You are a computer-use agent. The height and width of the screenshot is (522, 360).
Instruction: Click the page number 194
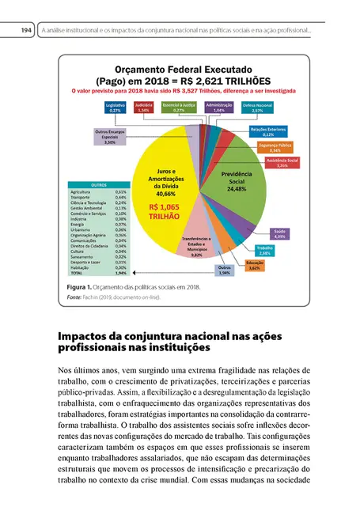pos(25,30)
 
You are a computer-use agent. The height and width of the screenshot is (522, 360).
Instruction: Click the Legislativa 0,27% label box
pos(116,108)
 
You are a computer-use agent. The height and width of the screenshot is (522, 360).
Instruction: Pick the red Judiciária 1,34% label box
pos(143,108)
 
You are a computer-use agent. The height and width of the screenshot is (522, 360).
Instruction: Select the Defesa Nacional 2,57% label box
pos(258,108)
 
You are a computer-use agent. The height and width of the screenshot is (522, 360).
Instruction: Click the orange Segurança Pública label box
pos(275,147)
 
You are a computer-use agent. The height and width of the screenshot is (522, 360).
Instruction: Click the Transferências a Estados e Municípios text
pos(197,245)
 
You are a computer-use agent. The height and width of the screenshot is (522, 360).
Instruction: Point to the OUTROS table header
pos(98,184)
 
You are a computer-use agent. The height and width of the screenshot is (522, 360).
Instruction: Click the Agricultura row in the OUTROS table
pos(98,192)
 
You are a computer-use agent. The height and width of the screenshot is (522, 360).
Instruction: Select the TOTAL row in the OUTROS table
pos(98,273)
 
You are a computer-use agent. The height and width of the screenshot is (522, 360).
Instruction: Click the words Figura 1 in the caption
pos(81,286)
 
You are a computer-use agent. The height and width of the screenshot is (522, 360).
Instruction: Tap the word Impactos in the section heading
pos(88,335)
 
